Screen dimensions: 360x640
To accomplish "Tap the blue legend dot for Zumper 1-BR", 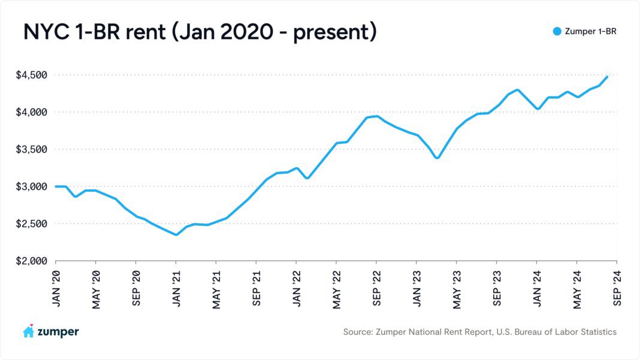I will click(557, 31).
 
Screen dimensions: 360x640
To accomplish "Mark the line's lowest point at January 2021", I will click(176, 234).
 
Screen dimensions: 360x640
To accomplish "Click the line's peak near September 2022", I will click(376, 116).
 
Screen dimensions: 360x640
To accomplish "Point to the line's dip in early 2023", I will click(437, 158).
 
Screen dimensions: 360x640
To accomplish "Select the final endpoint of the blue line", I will click(607, 77).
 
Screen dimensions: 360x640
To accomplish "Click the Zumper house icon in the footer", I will click(28, 331).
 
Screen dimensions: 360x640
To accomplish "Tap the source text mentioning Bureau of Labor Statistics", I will click(479, 331).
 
